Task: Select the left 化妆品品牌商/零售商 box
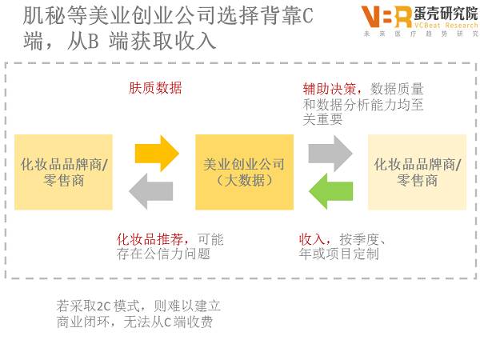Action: tap(64, 173)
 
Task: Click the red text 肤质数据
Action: tap(155, 88)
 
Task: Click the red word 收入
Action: tap(311, 239)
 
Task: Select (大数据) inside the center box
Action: tap(243, 181)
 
